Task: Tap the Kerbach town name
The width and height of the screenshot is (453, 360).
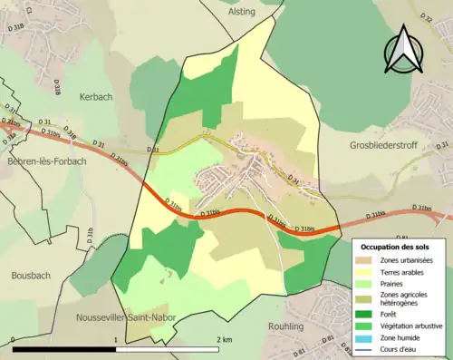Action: pos(97,96)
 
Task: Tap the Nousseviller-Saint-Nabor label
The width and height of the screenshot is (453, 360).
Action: pos(125,318)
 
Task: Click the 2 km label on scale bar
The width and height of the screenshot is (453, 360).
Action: pos(224,338)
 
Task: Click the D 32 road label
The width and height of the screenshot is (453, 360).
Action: pos(426,18)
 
